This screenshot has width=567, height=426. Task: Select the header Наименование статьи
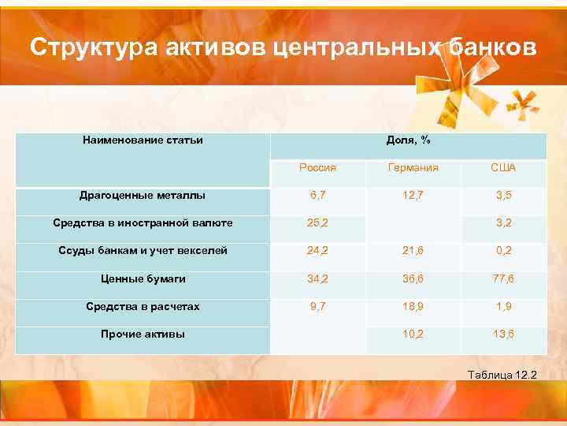143,140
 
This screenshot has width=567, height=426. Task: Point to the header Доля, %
408,140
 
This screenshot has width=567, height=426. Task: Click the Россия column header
318,168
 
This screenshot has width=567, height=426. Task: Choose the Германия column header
413,168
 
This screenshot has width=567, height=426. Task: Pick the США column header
503,168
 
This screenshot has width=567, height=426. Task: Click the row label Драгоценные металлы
143,195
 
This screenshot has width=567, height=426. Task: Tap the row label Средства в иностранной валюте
143,223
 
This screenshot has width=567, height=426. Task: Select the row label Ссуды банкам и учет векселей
143,251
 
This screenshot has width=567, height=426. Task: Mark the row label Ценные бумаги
143,278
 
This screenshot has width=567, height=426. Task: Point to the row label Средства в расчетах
143,306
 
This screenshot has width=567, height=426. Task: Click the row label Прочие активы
143,334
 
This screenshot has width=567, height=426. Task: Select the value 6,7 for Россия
318,195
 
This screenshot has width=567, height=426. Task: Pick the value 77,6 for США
503,278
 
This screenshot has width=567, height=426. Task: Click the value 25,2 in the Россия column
318,223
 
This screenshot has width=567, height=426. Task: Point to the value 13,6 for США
503,334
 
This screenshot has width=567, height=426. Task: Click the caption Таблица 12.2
502,373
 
